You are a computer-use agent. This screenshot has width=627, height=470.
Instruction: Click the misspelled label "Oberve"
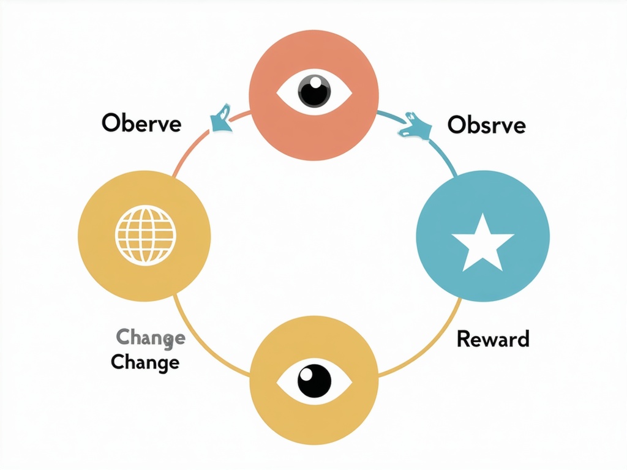point(141,123)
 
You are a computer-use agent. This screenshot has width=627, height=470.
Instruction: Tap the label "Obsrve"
point(486,125)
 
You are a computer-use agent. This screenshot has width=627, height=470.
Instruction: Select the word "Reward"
point(493,338)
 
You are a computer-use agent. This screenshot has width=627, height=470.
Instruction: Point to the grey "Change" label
point(150,337)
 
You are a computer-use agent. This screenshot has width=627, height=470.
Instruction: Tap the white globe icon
point(145,236)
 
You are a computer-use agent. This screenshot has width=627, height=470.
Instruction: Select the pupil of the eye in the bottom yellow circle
point(314,380)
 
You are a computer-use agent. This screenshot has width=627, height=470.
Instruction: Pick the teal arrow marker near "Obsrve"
point(417,126)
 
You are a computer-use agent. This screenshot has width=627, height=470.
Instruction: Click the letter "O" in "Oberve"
point(110,123)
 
